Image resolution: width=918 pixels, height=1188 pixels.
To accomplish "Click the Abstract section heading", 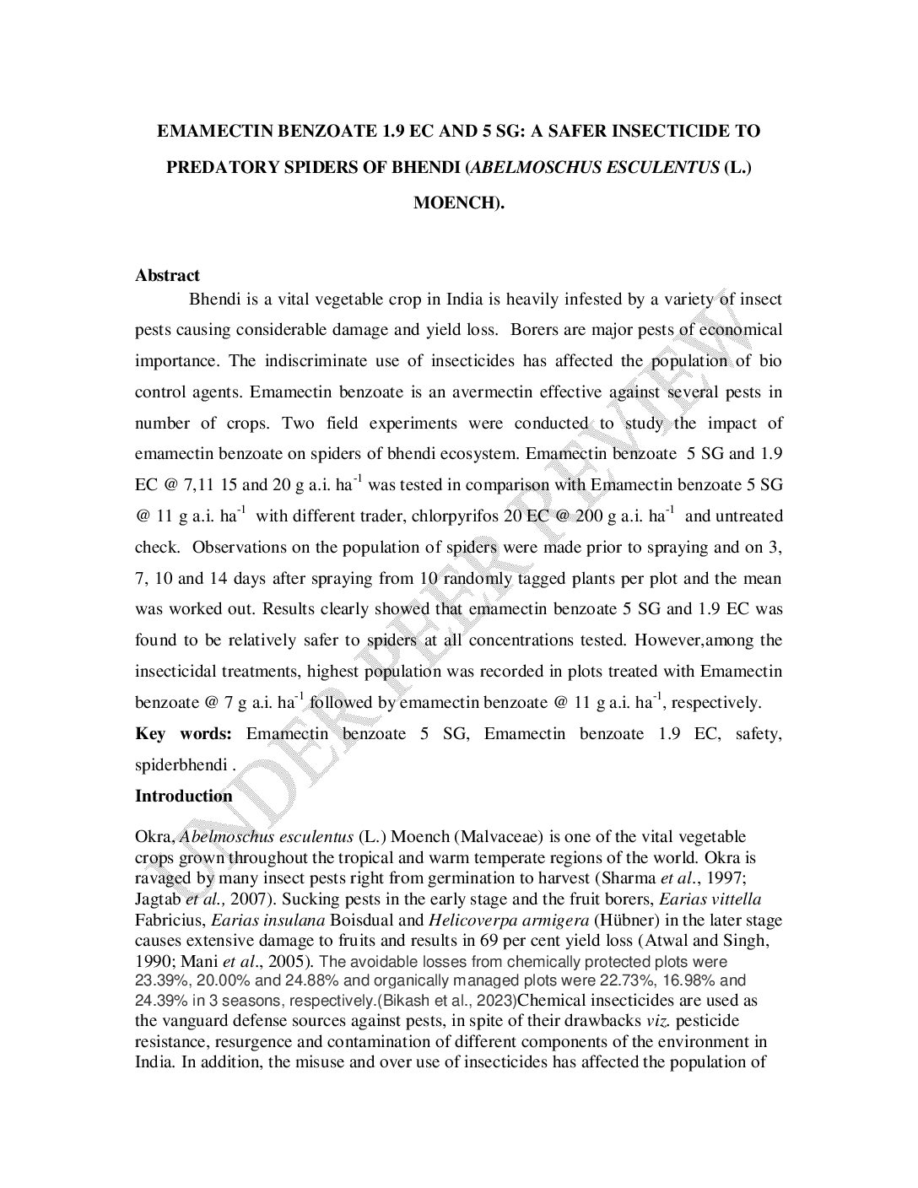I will point(167,275).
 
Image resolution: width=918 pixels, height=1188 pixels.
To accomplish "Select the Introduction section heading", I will point(183,796).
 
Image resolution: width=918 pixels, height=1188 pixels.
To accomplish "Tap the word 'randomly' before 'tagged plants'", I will point(478,579).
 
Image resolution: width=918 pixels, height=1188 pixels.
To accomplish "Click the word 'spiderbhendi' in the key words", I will point(181,765).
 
